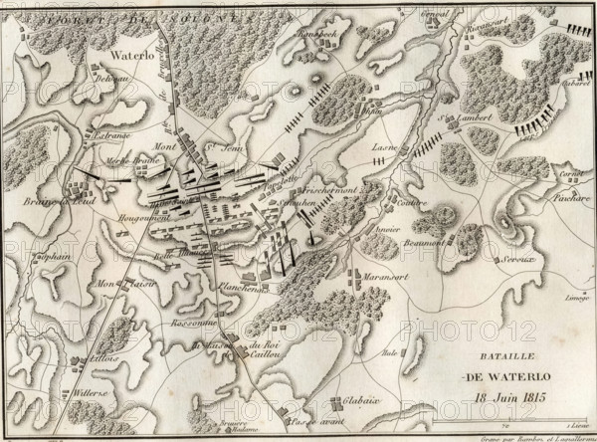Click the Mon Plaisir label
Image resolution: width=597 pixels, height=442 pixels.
click(x=124, y=283)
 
